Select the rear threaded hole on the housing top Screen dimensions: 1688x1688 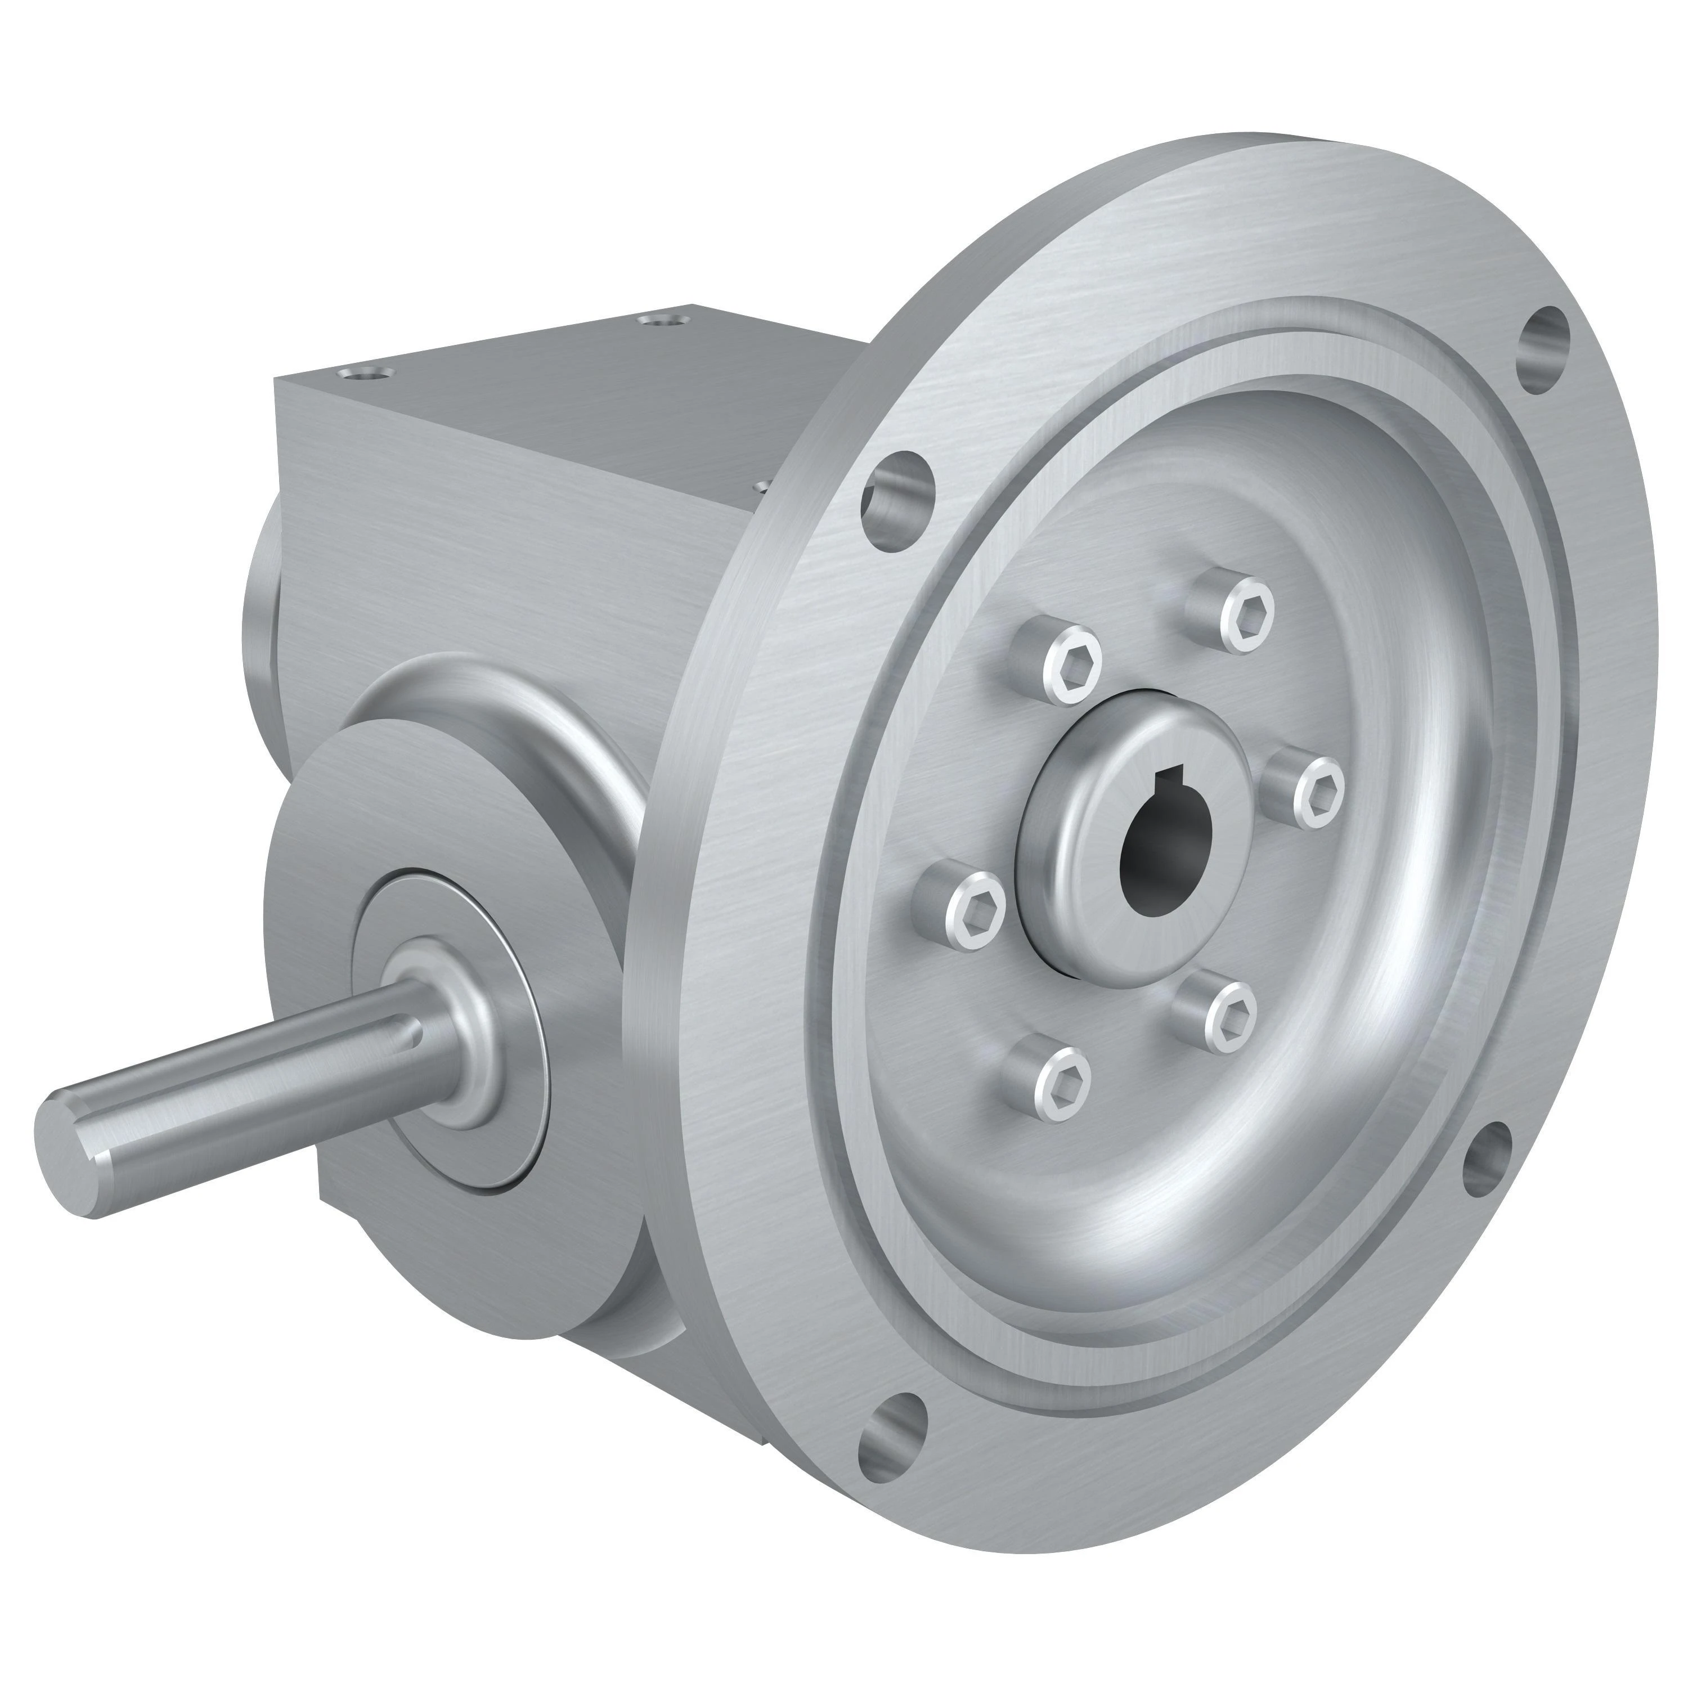point(659,321)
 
